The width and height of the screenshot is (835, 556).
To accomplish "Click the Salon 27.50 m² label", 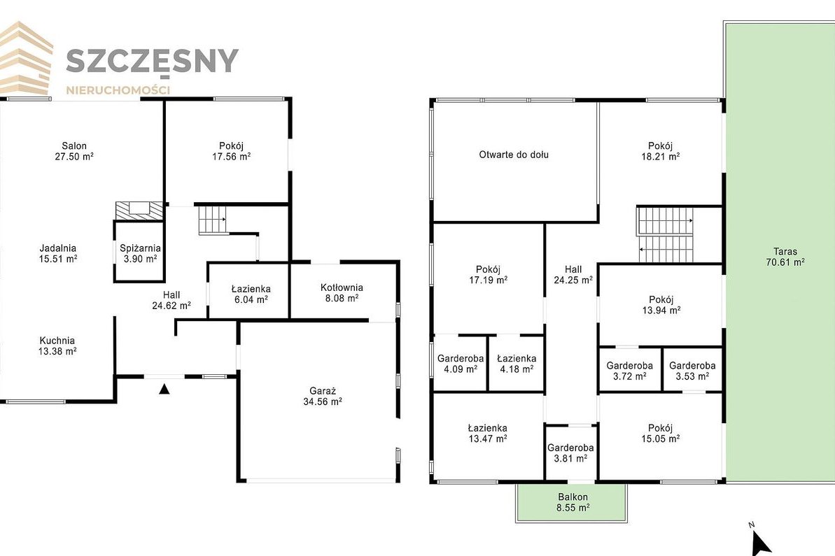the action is point(74,151).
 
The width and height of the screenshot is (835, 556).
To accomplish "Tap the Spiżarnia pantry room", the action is point(139,251).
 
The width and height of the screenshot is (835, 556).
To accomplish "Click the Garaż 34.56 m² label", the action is point(322,397).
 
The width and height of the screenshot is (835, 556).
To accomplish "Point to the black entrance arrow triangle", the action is point(164,389).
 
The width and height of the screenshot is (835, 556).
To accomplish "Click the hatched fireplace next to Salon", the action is point(139,211).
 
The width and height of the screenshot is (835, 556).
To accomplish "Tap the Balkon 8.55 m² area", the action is point(573,502).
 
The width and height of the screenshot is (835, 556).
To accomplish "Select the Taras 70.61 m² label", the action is point(785,257).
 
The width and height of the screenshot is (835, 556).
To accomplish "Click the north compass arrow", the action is point(760,543).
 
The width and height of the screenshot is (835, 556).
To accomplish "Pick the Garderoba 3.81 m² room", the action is point(570,452).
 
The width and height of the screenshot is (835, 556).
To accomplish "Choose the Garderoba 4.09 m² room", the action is point(460,364).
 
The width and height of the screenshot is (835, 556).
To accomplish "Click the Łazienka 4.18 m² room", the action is point(516,364).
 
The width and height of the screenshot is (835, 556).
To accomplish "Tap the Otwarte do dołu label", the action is point(514,155).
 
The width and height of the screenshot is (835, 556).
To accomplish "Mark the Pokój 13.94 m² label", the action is point(661,305).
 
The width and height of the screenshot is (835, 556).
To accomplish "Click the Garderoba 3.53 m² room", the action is point(692,371).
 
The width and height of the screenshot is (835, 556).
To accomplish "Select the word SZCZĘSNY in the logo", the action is point(152,61).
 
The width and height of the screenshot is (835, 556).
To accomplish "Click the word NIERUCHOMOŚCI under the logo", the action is point(118,90).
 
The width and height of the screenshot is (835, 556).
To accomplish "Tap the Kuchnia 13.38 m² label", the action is point(57,345).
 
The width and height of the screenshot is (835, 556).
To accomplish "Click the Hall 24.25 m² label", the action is point(573,275).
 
